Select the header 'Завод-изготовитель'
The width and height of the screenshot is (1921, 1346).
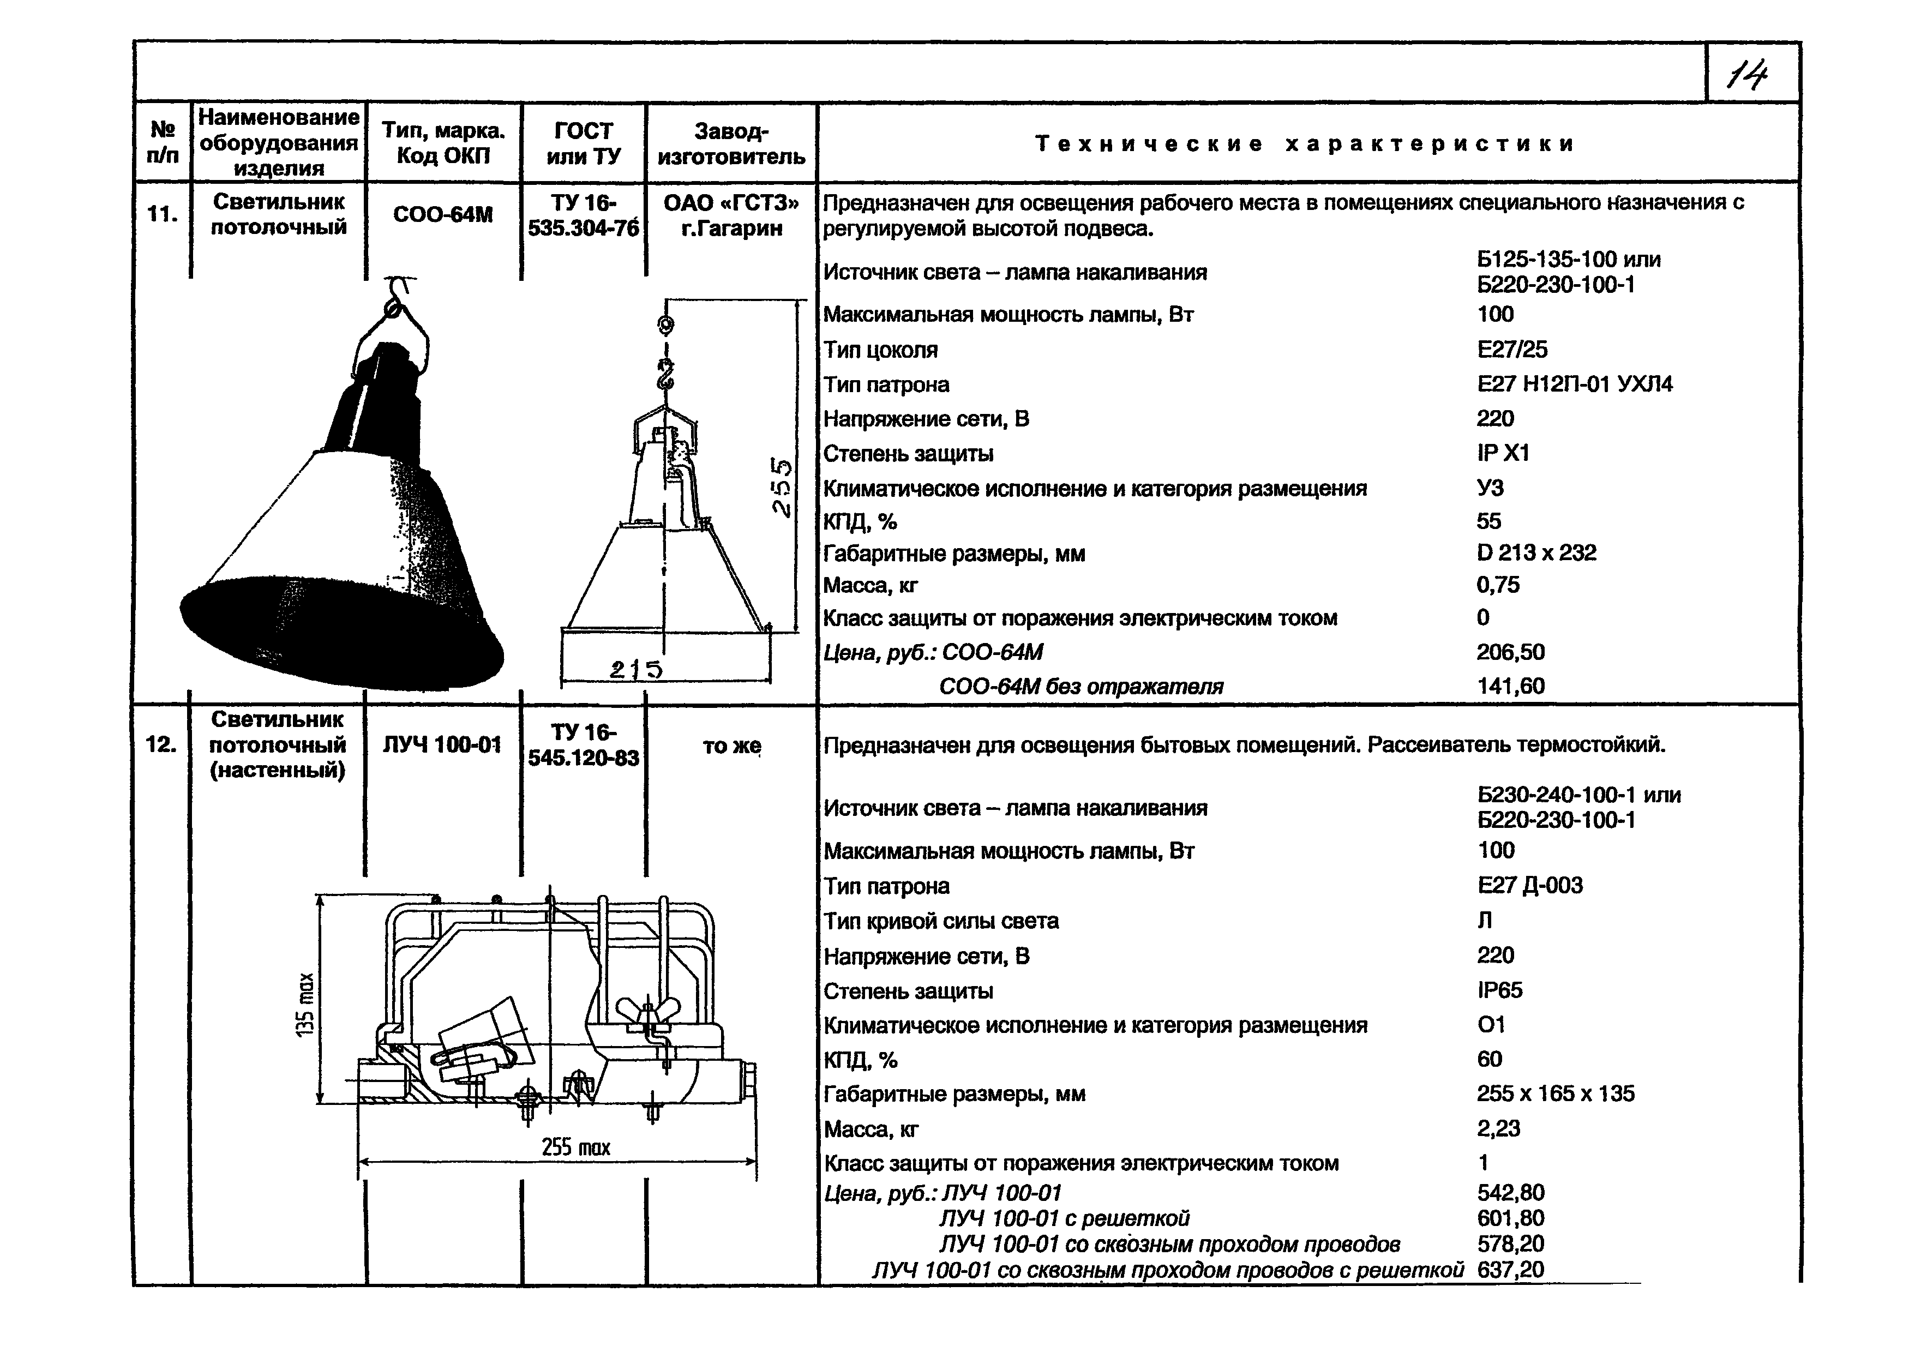point(731,143)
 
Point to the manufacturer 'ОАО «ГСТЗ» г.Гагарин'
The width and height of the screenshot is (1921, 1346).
point(731,215)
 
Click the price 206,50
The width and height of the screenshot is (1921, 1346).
point(1510,652)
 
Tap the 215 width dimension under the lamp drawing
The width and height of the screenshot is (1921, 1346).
point(636,669)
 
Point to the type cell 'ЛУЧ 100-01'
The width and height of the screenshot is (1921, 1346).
point(442,744)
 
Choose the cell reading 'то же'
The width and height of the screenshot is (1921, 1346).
point(731,746)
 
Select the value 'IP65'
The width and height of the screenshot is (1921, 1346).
point(1499,990)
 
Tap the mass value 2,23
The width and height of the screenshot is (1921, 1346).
point(1498,1128)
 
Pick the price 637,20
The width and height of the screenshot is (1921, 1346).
point(1510,1270)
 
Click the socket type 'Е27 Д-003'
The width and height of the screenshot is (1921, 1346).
point(1529,885)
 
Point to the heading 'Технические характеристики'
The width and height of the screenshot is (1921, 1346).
point(1305,144)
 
